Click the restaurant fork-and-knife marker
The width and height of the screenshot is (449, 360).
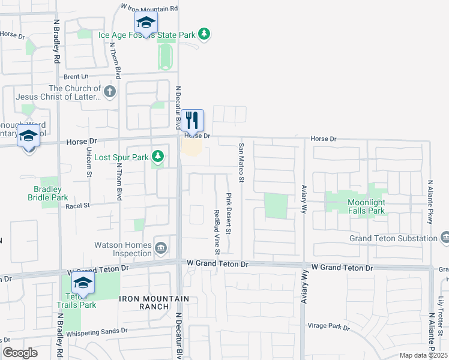coord(193,121)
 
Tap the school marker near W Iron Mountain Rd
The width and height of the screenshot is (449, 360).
coord(145,23)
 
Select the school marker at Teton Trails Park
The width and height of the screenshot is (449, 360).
coord(83,283)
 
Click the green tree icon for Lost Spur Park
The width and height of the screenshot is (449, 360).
coord(157,157)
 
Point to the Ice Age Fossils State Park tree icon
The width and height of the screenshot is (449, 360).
coord(205,34)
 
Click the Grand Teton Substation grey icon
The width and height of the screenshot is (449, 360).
coord(445,238)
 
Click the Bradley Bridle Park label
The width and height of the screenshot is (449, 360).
coord(48,193)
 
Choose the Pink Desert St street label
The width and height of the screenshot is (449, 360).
coord(229,213)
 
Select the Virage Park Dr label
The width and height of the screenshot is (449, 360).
coord(329,326)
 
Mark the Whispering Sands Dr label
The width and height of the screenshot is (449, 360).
coord(97,331)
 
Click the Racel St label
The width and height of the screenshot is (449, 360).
coord(77,205)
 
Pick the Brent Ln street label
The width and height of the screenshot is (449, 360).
coord(76,77)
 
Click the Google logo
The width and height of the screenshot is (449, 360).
coord(20,353)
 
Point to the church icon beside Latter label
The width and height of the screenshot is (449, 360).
coord(109,91)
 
